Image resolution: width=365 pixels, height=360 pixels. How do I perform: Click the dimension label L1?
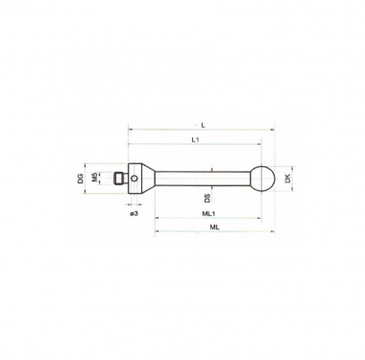pos(196,139)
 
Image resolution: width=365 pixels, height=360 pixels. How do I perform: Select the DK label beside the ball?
pos(287,179)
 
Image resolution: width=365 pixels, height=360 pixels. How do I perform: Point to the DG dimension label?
pos(81,179)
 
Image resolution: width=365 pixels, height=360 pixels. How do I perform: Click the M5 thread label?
pos(94,177)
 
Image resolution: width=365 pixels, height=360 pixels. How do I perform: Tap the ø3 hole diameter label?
pos(134,213)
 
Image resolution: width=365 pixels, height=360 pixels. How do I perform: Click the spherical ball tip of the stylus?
pos(262,179)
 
